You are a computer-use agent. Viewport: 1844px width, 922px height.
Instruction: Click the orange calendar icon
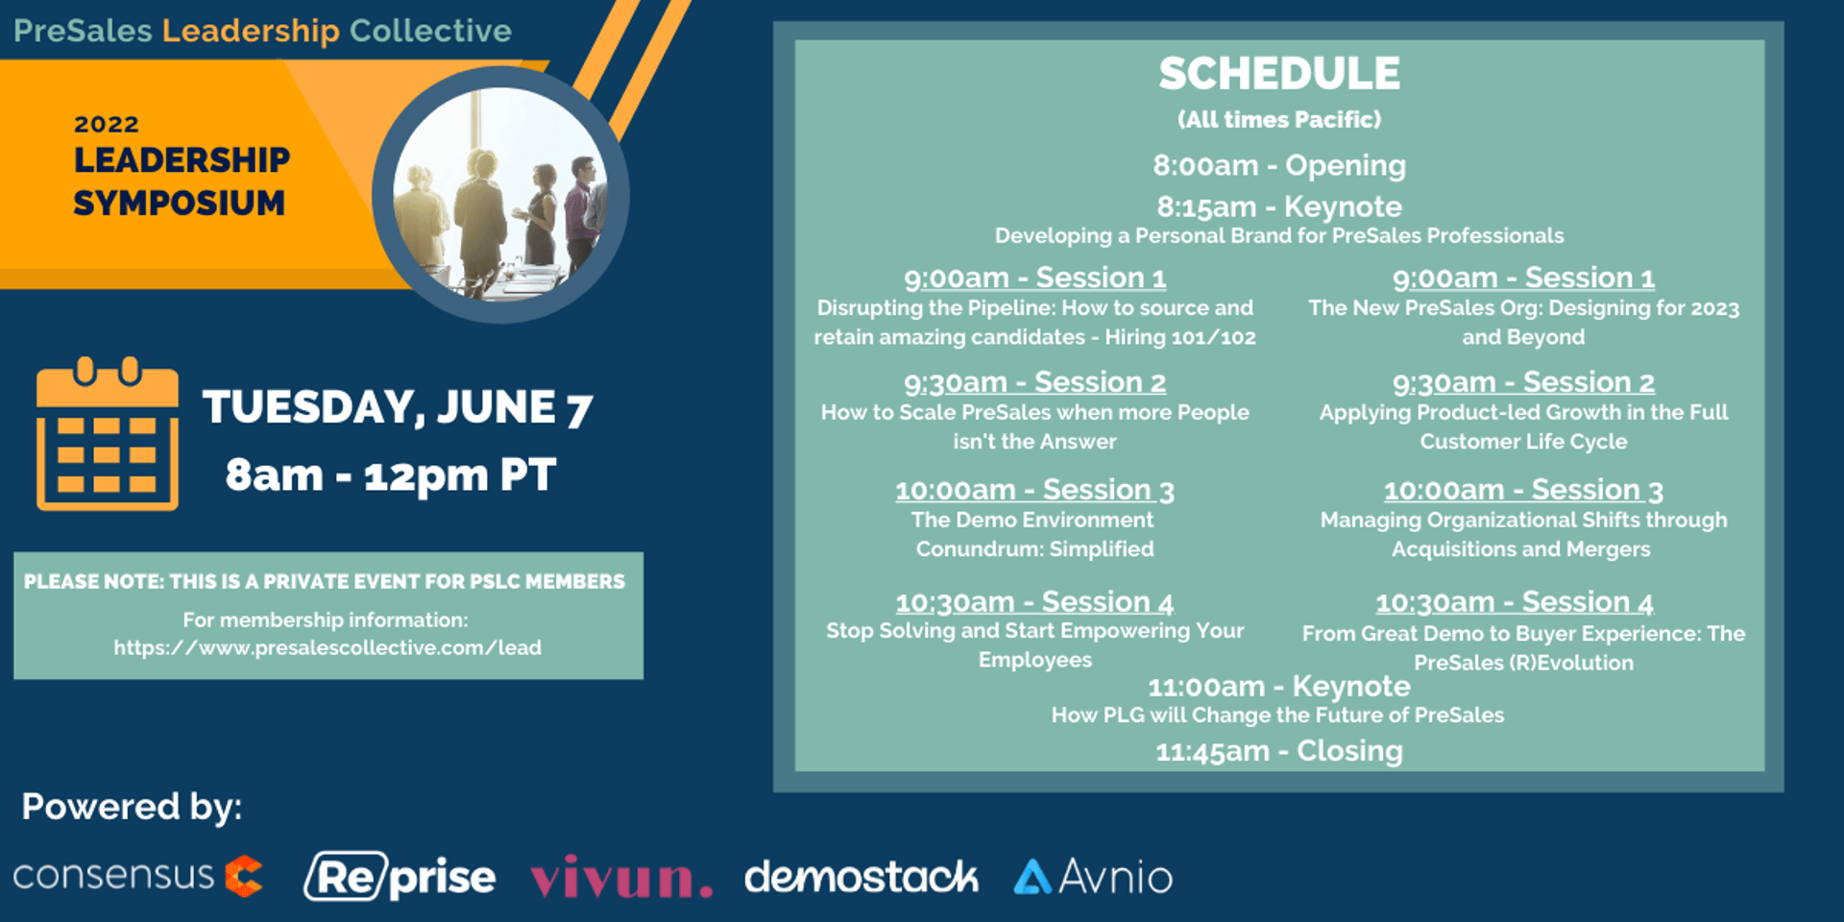[108, 434]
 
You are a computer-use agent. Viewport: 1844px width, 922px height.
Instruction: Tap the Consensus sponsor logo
[137, 875]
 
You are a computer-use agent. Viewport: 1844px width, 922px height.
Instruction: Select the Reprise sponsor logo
[400, 876]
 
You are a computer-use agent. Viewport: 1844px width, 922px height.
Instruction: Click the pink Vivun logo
[621, 876]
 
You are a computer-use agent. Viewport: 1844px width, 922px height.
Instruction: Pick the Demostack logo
[861, 877]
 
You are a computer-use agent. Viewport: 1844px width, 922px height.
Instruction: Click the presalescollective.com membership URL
[328, 648]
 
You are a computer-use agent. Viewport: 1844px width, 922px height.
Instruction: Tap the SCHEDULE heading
[1279, 74]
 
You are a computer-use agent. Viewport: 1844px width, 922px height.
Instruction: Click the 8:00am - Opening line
[1279, 165]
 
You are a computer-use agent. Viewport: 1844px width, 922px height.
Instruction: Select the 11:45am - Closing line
[1279, 751]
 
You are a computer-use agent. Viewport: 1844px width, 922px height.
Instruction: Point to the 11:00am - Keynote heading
[1279, 687]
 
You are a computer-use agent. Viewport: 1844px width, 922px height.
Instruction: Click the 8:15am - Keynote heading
[1279, 206]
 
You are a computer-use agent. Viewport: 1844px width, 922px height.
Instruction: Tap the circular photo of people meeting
[500, 195]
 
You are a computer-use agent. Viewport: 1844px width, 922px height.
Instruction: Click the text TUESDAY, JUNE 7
[398, 407]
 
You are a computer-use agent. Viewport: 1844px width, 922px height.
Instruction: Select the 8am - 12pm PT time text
[391, 475]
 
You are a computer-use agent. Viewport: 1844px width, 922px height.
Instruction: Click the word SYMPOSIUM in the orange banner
[180, 204]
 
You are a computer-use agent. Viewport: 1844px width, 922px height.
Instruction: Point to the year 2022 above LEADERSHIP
[107, 124]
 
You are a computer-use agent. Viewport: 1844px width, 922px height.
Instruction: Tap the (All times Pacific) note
[1279, 120]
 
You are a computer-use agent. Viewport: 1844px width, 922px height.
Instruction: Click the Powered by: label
[132, 807]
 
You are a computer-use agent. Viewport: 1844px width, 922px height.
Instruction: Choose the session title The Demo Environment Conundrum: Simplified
[1034, 534]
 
